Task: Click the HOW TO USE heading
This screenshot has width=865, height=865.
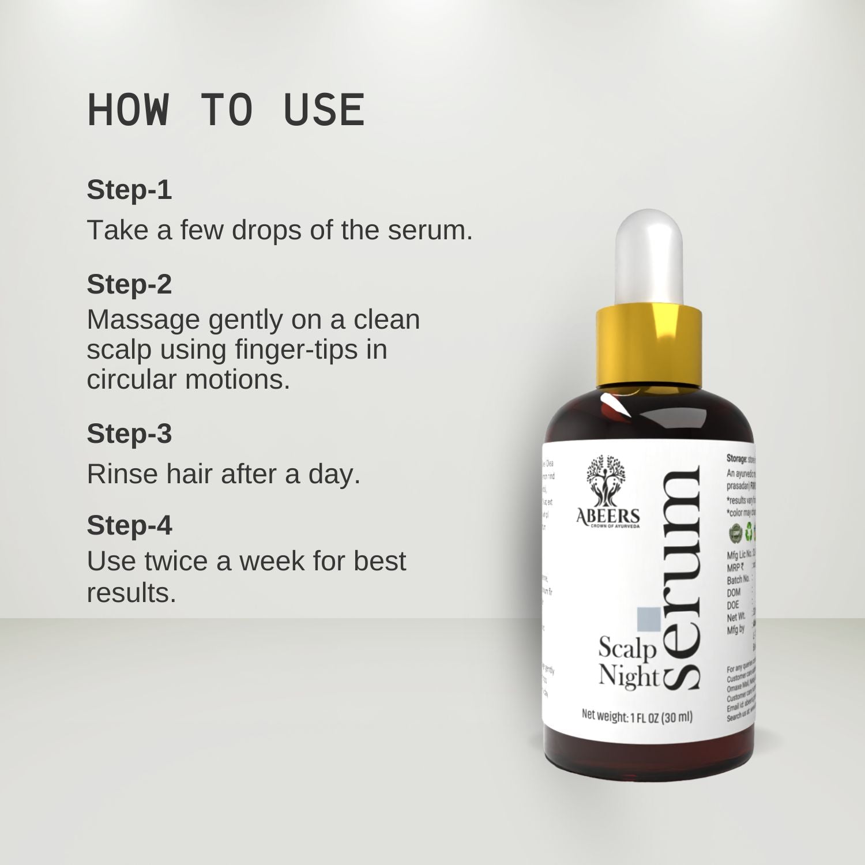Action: pos(225,110)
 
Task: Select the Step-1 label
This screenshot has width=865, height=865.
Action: pos(129,190)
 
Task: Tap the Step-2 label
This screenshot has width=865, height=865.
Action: pos(129,284)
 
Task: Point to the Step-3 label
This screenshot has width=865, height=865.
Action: pos(129,434)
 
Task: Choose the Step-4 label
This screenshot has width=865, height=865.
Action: pos(129,525)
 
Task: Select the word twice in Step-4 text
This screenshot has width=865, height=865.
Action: pos(177,561)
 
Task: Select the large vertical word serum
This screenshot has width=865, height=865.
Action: pos(682,580)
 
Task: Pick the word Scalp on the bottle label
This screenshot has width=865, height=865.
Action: pos(627,649)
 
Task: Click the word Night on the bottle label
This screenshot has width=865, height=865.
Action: pos(629,676)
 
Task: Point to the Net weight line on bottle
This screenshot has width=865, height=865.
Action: pos(637,717)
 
